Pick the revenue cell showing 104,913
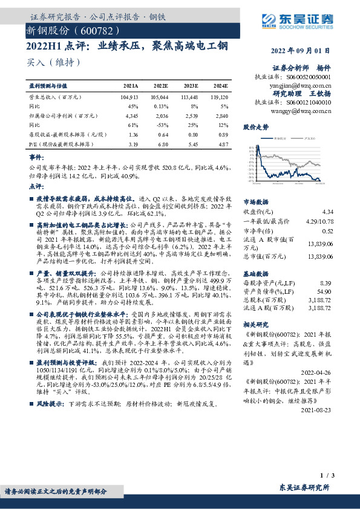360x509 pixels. click(129, 96)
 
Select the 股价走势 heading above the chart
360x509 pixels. click(256, 128)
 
